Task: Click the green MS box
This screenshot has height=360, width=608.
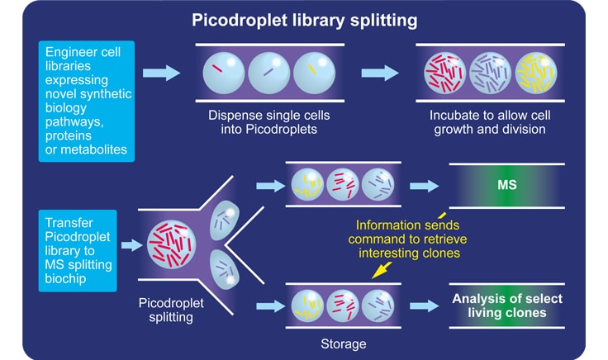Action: [x=506, y=185]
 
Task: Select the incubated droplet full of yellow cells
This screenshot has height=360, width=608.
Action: [x=535, y=73]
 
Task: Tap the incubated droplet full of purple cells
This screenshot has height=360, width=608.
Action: [x=491, y=73]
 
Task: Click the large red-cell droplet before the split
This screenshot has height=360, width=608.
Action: [x=169, y=246]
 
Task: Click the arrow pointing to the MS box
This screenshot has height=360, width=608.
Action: [x=426, y=185]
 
